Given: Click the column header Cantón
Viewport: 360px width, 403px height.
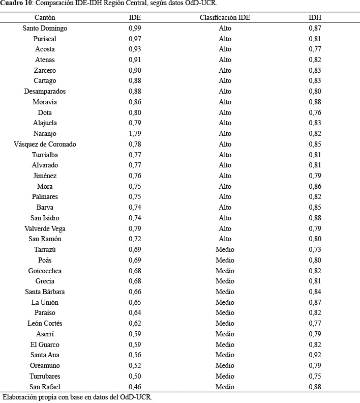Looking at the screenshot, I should click(x=45, y=17).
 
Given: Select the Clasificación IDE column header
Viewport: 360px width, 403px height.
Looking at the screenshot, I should click(x=225, y=17).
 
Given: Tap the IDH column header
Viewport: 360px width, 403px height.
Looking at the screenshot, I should click(x=315, y=17).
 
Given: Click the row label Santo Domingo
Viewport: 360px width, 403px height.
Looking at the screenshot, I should click(x=45, y=28).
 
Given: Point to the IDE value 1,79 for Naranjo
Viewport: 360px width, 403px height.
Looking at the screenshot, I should click(x=135, y=134).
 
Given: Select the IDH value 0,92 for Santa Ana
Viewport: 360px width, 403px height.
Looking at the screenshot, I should click(x=315, y=355).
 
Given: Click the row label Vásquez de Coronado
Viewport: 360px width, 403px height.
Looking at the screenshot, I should click(x=45, y=145).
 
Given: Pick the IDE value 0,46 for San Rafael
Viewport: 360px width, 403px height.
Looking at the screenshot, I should click(x=135, y=387).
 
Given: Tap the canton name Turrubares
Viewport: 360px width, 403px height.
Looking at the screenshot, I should click(x=45, y=376).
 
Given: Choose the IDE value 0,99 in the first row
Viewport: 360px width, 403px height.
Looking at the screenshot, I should click(x=135, y=28).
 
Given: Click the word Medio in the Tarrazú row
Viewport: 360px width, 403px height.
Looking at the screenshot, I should click(x=225, y=250).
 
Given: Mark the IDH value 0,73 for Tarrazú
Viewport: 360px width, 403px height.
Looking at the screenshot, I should click(x=315, y=250).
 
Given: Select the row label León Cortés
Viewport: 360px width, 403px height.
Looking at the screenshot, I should click(x=45, y=324).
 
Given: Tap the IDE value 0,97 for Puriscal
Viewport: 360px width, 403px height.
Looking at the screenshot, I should click(x=135, y=39).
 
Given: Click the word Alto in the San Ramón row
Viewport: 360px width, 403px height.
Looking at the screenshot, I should click(x=225, y=239).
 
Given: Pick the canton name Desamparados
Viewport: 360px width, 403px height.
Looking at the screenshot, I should click(x=45, y=92).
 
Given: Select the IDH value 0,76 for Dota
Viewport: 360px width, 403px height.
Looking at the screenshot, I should click(x=315, y=113).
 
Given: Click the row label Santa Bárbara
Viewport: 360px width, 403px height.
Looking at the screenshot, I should click(x=45, y=292).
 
